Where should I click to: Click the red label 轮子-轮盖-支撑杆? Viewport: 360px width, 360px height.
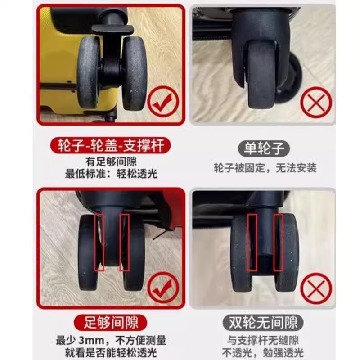[111, 145]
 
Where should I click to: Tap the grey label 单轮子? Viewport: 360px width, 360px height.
[264, 148]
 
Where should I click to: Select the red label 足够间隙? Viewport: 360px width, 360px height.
[110, 323]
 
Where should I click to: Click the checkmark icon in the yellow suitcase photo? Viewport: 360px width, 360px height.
[163, 102]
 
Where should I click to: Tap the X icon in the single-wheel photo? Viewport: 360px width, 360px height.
[316, 103]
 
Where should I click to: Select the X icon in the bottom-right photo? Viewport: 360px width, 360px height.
[316, 288]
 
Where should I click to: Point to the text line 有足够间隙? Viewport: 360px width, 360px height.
[111, 162]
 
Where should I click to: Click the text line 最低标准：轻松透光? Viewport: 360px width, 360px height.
[111, 174]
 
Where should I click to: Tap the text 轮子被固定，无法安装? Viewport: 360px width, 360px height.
[265, 168]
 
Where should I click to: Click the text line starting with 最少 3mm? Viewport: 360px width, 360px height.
[111, 341]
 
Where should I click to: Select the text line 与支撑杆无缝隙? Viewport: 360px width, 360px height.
[263, 340]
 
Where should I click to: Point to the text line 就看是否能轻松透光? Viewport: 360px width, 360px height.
[111, 353]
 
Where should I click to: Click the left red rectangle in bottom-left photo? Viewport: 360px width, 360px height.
[99, 242]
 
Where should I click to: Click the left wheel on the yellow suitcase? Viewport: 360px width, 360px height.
[89, 72]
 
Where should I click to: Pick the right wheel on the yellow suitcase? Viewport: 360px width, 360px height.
[134, 73]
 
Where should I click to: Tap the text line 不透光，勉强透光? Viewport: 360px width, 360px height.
[263, 353]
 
